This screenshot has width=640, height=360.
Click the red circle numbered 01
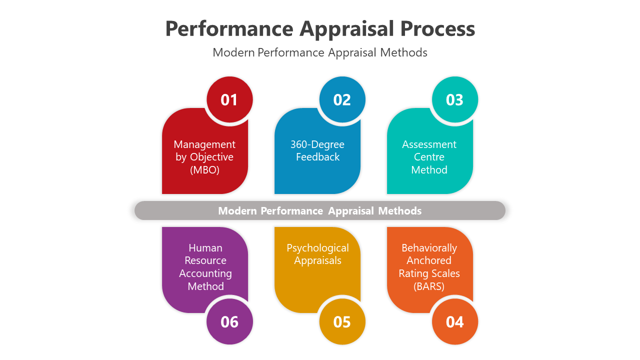coord(229,99)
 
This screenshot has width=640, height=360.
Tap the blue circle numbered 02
coord(342,99)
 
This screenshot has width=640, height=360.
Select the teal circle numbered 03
coord(454,99)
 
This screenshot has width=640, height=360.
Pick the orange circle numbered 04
coord(454,321)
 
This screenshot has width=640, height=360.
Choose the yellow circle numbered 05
coord(342,321)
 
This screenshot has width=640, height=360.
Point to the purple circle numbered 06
coord(229,321)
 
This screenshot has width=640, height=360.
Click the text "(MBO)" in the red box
coord(204,170)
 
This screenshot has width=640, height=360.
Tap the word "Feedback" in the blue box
coord(317,157)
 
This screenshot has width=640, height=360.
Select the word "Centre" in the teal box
coord(429,157)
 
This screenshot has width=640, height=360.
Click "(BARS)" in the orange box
coord(429,286)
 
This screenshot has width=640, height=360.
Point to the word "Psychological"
coord(317,248)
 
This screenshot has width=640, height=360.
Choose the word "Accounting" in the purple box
coord(205,273)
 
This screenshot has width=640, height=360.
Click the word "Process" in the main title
coord(437,29)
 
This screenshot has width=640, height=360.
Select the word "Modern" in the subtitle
coord(233,52)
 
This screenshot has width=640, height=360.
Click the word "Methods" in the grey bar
coord(399,211)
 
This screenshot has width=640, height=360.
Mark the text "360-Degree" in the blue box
coord(317,144)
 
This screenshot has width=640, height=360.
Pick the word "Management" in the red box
coord(204,144)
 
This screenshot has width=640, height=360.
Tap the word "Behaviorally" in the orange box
coord(429,248)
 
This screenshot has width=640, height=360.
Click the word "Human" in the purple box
coord(205,248)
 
